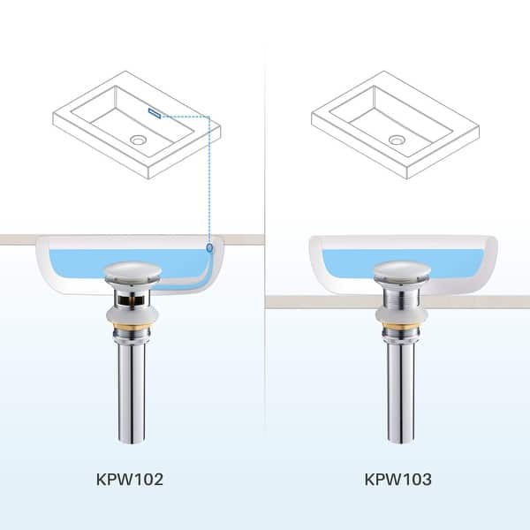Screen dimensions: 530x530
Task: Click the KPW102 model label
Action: coord(131,480)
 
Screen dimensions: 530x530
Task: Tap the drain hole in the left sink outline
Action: coord(138,140)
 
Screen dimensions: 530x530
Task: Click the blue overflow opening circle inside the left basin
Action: coord(209,249)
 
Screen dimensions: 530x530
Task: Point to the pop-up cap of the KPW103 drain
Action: coord(400,271)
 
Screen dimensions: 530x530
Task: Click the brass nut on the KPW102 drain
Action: coord(130,333)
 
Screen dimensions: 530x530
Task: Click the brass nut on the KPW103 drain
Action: coord(400,334)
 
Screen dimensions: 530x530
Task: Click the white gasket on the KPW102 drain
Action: coord(130,316)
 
